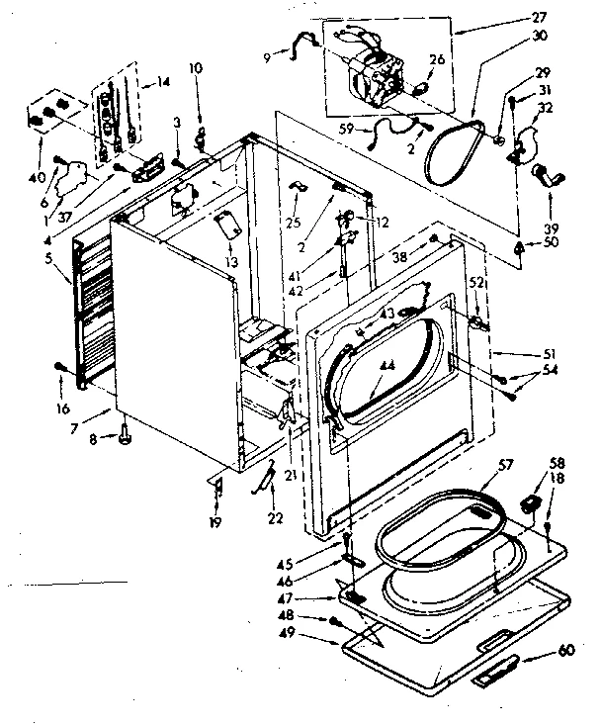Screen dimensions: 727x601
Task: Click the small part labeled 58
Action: click(531, 504)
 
